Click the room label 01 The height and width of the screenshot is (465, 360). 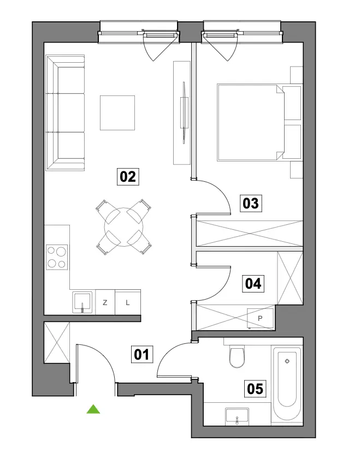pos(142,354)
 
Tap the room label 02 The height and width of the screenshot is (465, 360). pos(128,177)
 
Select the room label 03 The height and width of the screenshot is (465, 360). pos(251,204)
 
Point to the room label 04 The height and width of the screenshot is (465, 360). pos(253,283)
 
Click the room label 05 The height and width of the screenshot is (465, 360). pos(255,389)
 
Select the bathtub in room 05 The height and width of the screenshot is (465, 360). pos(287,383)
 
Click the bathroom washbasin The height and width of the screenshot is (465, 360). pos(237,416)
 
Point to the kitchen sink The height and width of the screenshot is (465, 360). pos(82,302)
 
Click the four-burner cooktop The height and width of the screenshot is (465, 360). pos(57,258)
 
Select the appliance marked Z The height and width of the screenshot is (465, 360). pos(105,302)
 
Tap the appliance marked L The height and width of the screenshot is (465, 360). pos(128,302)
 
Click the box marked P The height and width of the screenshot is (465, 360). pos(260,319)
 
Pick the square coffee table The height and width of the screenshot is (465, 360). pos(117,112)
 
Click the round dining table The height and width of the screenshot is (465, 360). pos(124,227)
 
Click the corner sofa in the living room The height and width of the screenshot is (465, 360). pos(65,113)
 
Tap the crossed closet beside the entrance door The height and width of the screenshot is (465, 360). pos(57,343)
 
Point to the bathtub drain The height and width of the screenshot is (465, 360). pos(287,361)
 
